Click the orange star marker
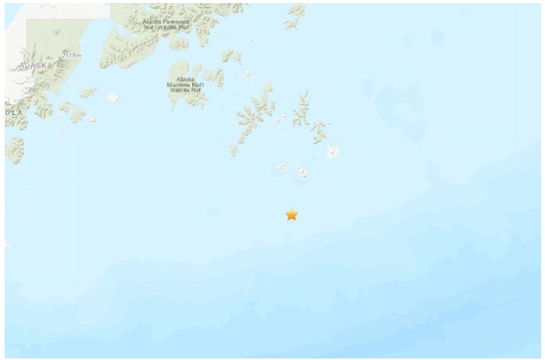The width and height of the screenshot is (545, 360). click(x=291, y=214)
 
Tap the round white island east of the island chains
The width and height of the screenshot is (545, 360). click(x=333, y=152)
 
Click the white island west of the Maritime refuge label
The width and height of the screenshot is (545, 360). click(x=112, y=97)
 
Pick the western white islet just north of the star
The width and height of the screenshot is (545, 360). click(x=280, y=167)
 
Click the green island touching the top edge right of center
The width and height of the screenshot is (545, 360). click(x=295, y=12)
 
